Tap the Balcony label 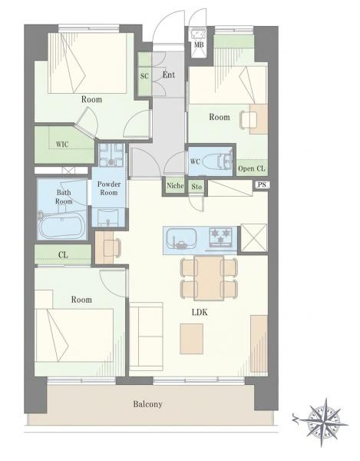(x=147, y=404)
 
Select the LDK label (x=200, y=312)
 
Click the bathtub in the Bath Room (x=62, y=227)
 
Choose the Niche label (x=175, y=186)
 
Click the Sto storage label (x=197, y=187)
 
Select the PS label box (x=262, y=184)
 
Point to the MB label (x=199, y=45)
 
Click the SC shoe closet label (x=144, y=76)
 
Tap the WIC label (x=62, y=144)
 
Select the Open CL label (x=251, y=169)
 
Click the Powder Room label (x=109, y=188)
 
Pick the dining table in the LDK (x=209, y=278)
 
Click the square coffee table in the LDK (x=192, y=339)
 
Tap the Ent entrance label (x=169, y=75)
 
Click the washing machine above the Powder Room (x=111, y=154)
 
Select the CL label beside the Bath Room (x=63, y=255)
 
